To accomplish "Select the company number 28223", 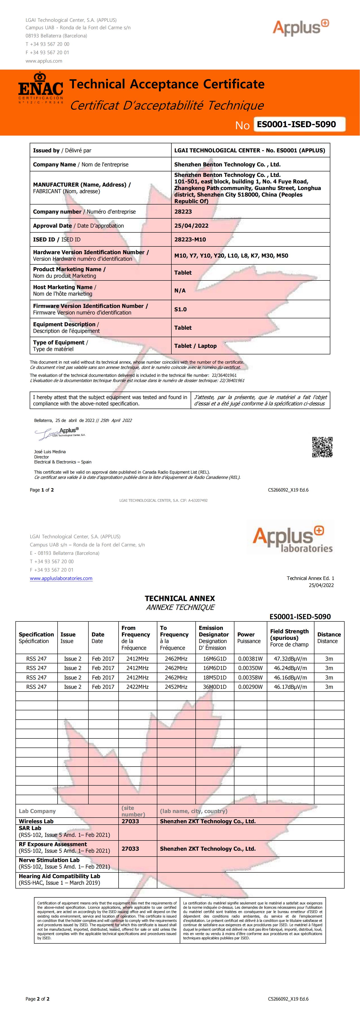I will click(x=183, y=212).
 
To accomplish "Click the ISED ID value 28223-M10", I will click(x=190, y=239).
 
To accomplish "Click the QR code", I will click(x=322, y=447).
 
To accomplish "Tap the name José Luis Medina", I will click(x=50, y=452).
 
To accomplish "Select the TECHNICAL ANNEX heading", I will click(x=180, y=598).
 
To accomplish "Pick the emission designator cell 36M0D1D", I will click(x=215, y=687).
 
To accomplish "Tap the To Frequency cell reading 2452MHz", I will click(x=176, y=687).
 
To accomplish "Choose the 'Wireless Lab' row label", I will click(x=36, y=821).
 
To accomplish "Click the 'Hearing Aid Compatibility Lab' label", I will click(x=59, y=876).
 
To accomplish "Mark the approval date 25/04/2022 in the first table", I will click(x=191, y=226).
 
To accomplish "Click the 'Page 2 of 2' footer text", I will click(x=38, y=999).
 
